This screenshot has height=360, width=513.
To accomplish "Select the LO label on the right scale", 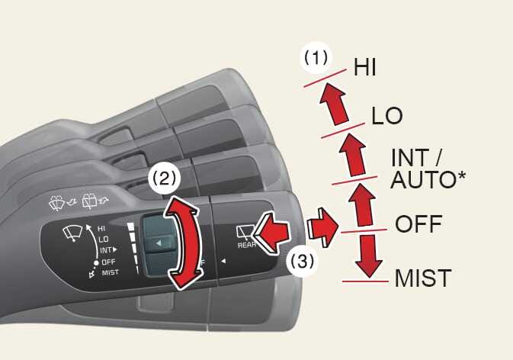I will click(387, 115).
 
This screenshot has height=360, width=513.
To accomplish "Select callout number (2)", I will click(165, 178).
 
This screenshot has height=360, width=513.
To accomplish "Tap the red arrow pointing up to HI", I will click(331, 104).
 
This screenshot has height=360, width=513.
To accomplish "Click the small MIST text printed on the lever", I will click(110, 272).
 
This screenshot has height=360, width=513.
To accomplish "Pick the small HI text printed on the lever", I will click(101, 228).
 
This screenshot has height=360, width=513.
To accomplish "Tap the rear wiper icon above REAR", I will click(245, 231).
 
